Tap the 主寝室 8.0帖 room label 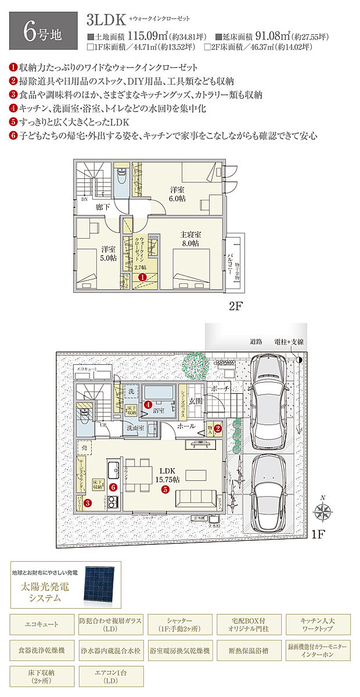(x=190, y=239)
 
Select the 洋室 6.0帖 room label (x=177, y=194)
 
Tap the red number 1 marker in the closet (x=142, y=278)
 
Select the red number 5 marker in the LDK (x=165, y=489)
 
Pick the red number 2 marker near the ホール (x=218, y=429)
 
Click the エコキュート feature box (x=42, y=624)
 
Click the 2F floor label (x=235, y=306)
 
